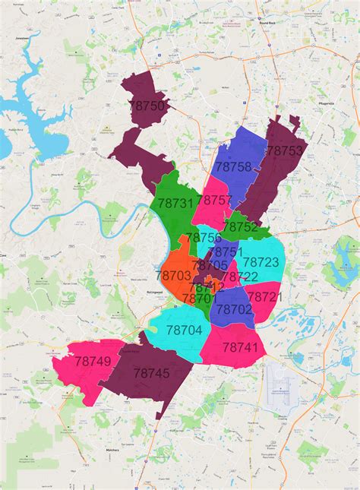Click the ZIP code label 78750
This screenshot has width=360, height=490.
[x=149, y=106]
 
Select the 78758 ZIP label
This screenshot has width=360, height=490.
[x=233, y=166]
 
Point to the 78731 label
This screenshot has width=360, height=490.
[x=175, y=204]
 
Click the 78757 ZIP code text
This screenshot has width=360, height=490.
[x=214, y=200]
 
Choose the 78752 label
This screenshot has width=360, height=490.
[x=241, y=226]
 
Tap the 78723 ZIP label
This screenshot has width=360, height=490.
[x=261, y=262]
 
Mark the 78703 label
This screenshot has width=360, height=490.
[x=174, y=275]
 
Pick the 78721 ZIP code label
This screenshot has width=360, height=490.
[x=264, y=296]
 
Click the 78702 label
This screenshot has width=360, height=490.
[x=234, y=309]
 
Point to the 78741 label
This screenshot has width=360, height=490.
[x=241, y=347]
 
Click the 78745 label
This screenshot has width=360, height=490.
[x=151, y=373]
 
